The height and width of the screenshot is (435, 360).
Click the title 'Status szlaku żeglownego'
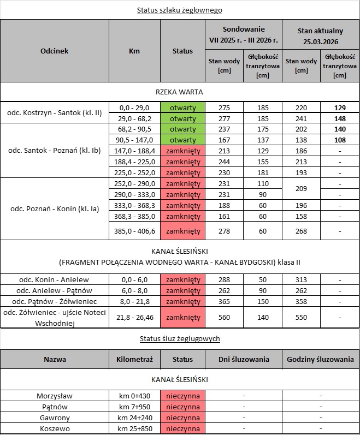click(180, 10)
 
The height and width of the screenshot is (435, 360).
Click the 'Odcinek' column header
click(54, 51)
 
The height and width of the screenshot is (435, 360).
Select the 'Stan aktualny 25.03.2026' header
click(320, 34)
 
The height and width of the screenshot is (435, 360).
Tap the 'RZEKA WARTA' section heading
click(180, 92)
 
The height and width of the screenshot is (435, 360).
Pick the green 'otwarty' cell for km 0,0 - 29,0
click(182, 108)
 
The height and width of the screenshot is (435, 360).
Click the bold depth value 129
click(340, 108)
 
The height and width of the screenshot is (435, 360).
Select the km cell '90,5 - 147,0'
click(134, 140)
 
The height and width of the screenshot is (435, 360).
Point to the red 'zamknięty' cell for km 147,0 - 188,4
click(182, 151)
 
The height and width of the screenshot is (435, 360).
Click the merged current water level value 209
click(301, 188)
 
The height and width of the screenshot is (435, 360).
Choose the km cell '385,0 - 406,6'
click(134, 231)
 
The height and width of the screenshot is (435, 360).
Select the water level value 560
click(224, 317)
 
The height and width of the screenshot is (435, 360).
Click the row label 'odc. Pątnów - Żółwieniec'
click(54, 301)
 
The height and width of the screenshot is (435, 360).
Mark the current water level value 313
click(301, 279)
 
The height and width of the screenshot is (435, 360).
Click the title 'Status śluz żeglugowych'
click(180, 338)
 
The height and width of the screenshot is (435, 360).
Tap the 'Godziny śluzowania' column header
click(320, 359)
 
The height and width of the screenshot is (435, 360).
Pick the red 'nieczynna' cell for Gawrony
click(182, 418)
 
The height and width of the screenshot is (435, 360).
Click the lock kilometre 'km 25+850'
click(134, 428)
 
